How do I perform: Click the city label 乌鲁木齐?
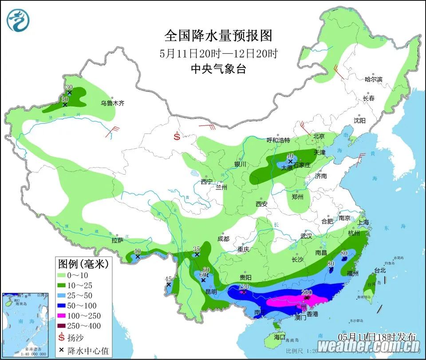point(112,103)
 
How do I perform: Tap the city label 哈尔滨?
point(373,79)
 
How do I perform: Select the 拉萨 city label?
point(118,240)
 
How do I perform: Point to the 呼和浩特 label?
point(278,141)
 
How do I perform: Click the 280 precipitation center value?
point(307,292)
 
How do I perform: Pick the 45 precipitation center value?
point(168,279)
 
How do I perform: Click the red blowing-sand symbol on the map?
point(177,136)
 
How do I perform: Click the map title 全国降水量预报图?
point(218,35)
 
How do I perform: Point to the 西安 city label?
point(261,204)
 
